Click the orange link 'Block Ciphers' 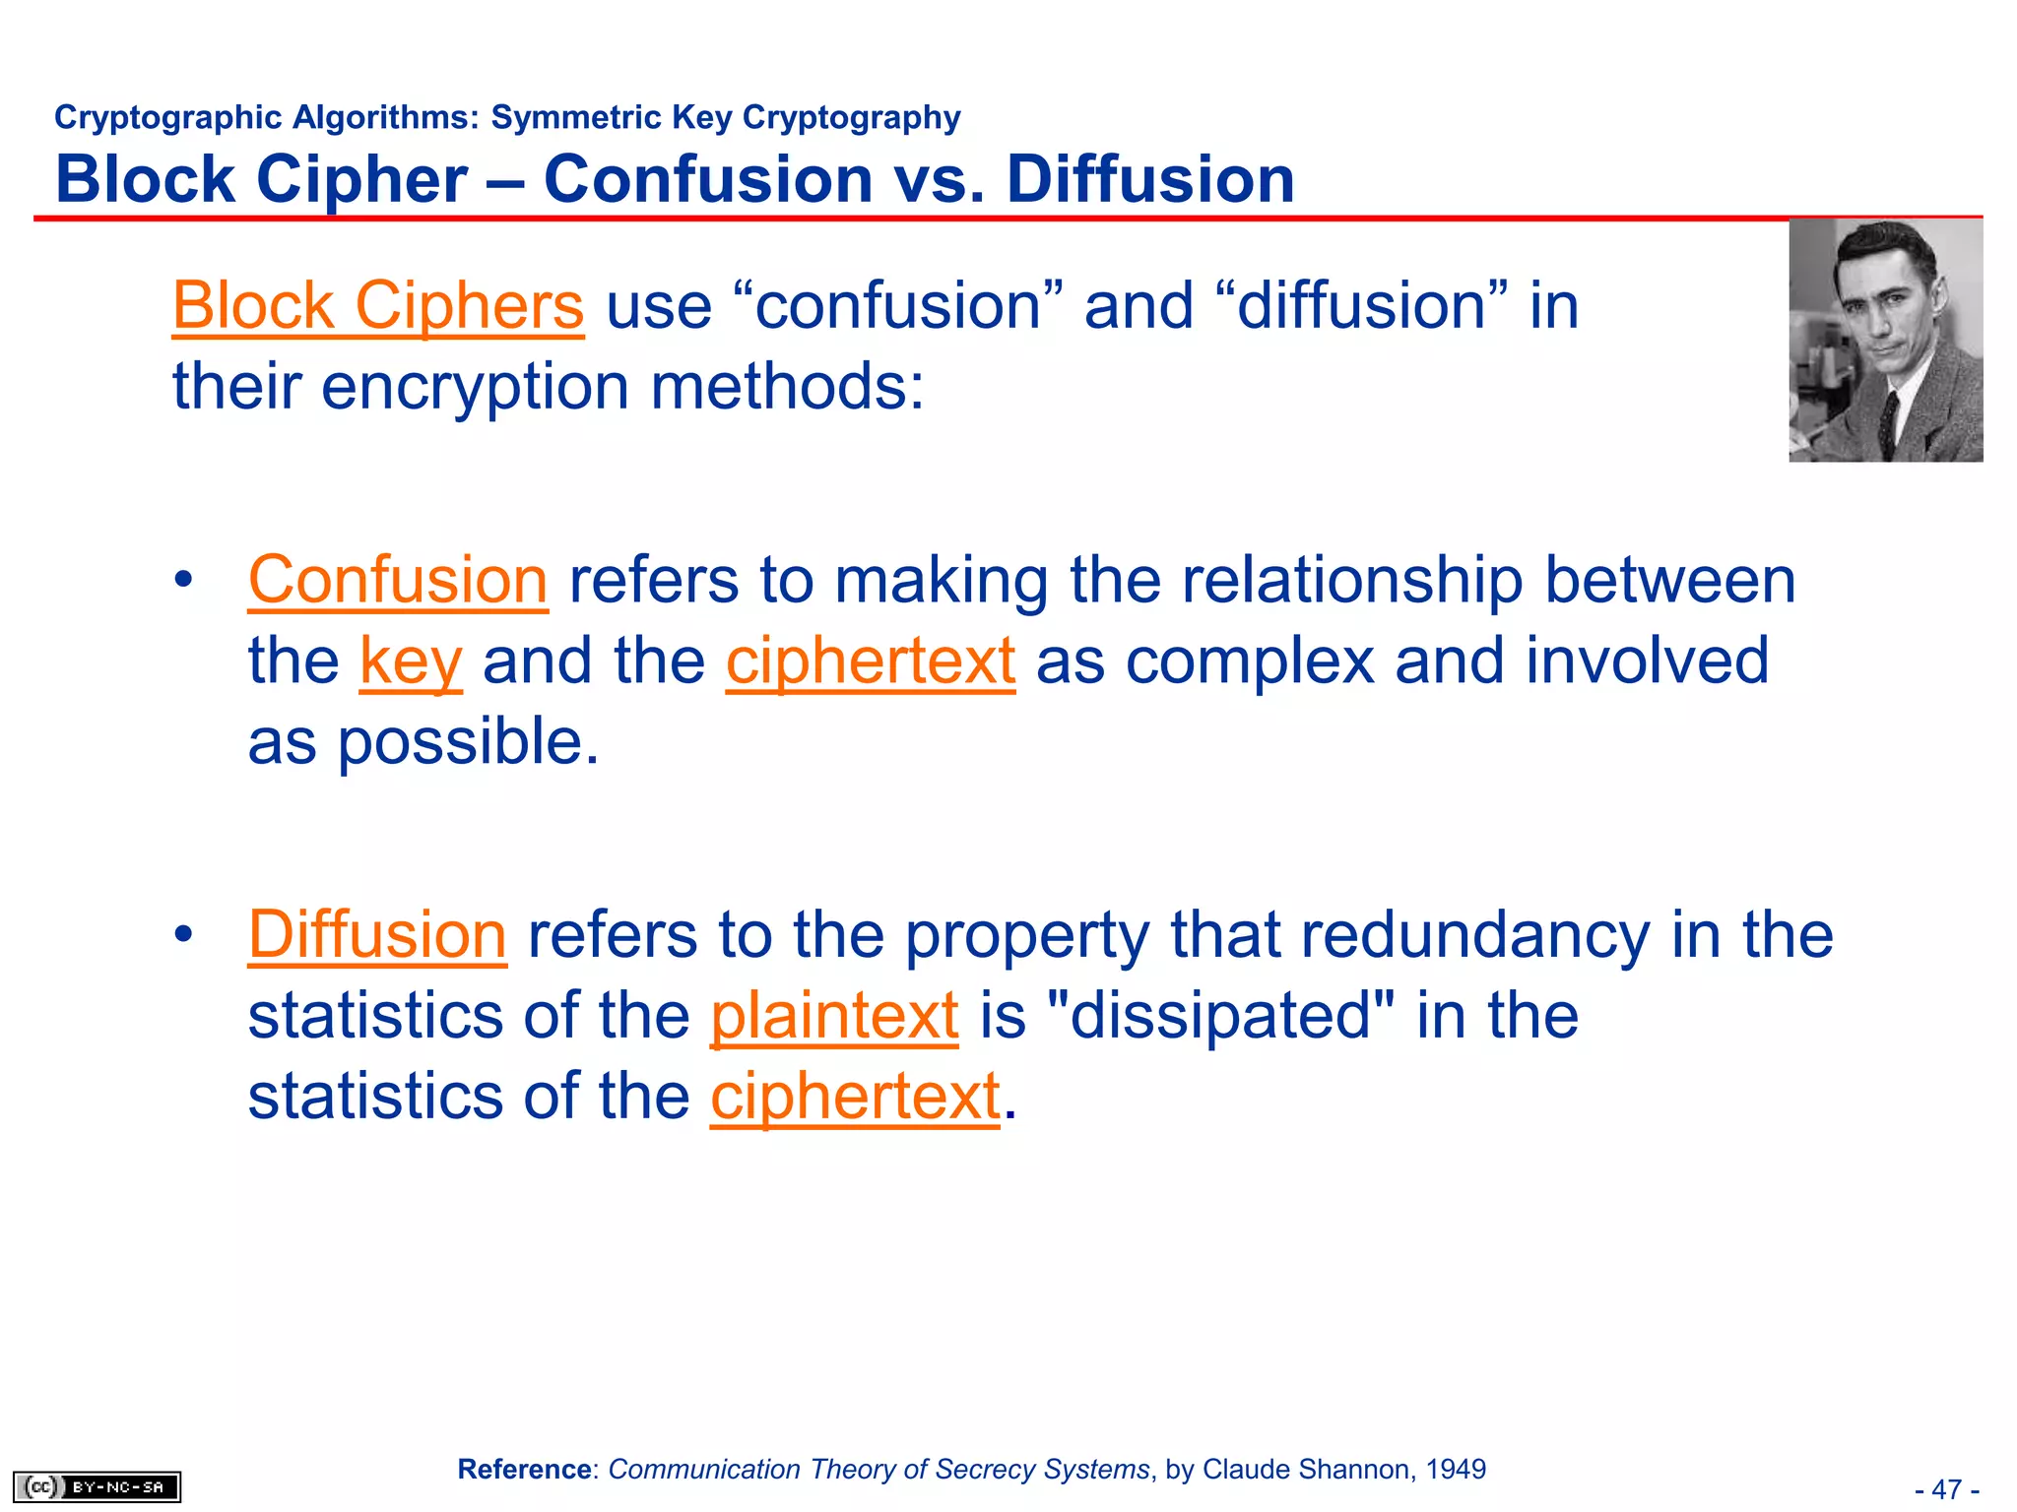pos(378,306)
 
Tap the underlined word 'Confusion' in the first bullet pos(398,580)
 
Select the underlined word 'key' pos(411,661)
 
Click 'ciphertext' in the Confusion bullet pos(871,661)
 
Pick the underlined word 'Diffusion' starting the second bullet pos(377,934)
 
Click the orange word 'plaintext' pos(834,1016)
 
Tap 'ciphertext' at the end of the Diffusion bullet pos(855,1097)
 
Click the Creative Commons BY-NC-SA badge pos(97,1486)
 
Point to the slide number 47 pos(1947,1489)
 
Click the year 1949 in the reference pos(1456,1470)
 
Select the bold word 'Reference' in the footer pos(524,1470)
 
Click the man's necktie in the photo pos(1888,418)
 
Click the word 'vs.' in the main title pos(939,180)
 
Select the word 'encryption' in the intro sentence pos(475,387)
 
